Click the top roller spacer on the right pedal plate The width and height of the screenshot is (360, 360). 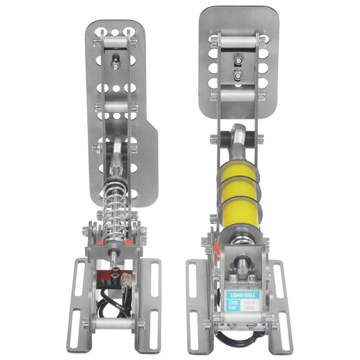click(238, 42)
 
